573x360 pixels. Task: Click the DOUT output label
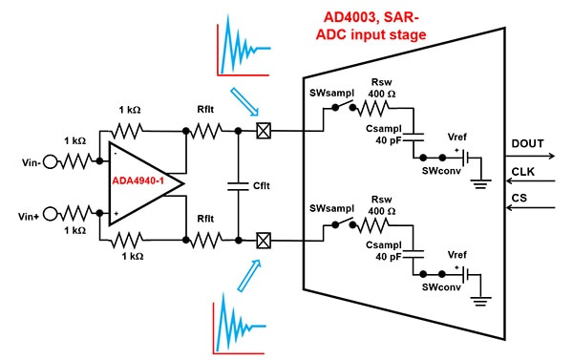(x=527, y=142)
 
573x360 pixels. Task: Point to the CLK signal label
(x=524, y=173)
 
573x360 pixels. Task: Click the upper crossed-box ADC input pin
(x=264, y=135)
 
